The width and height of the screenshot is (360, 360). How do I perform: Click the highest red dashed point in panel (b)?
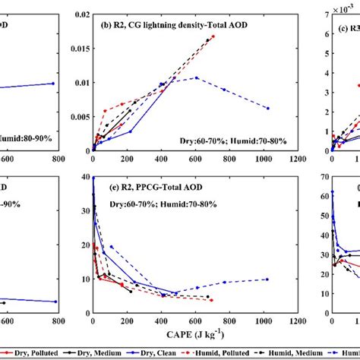[213, 36]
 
